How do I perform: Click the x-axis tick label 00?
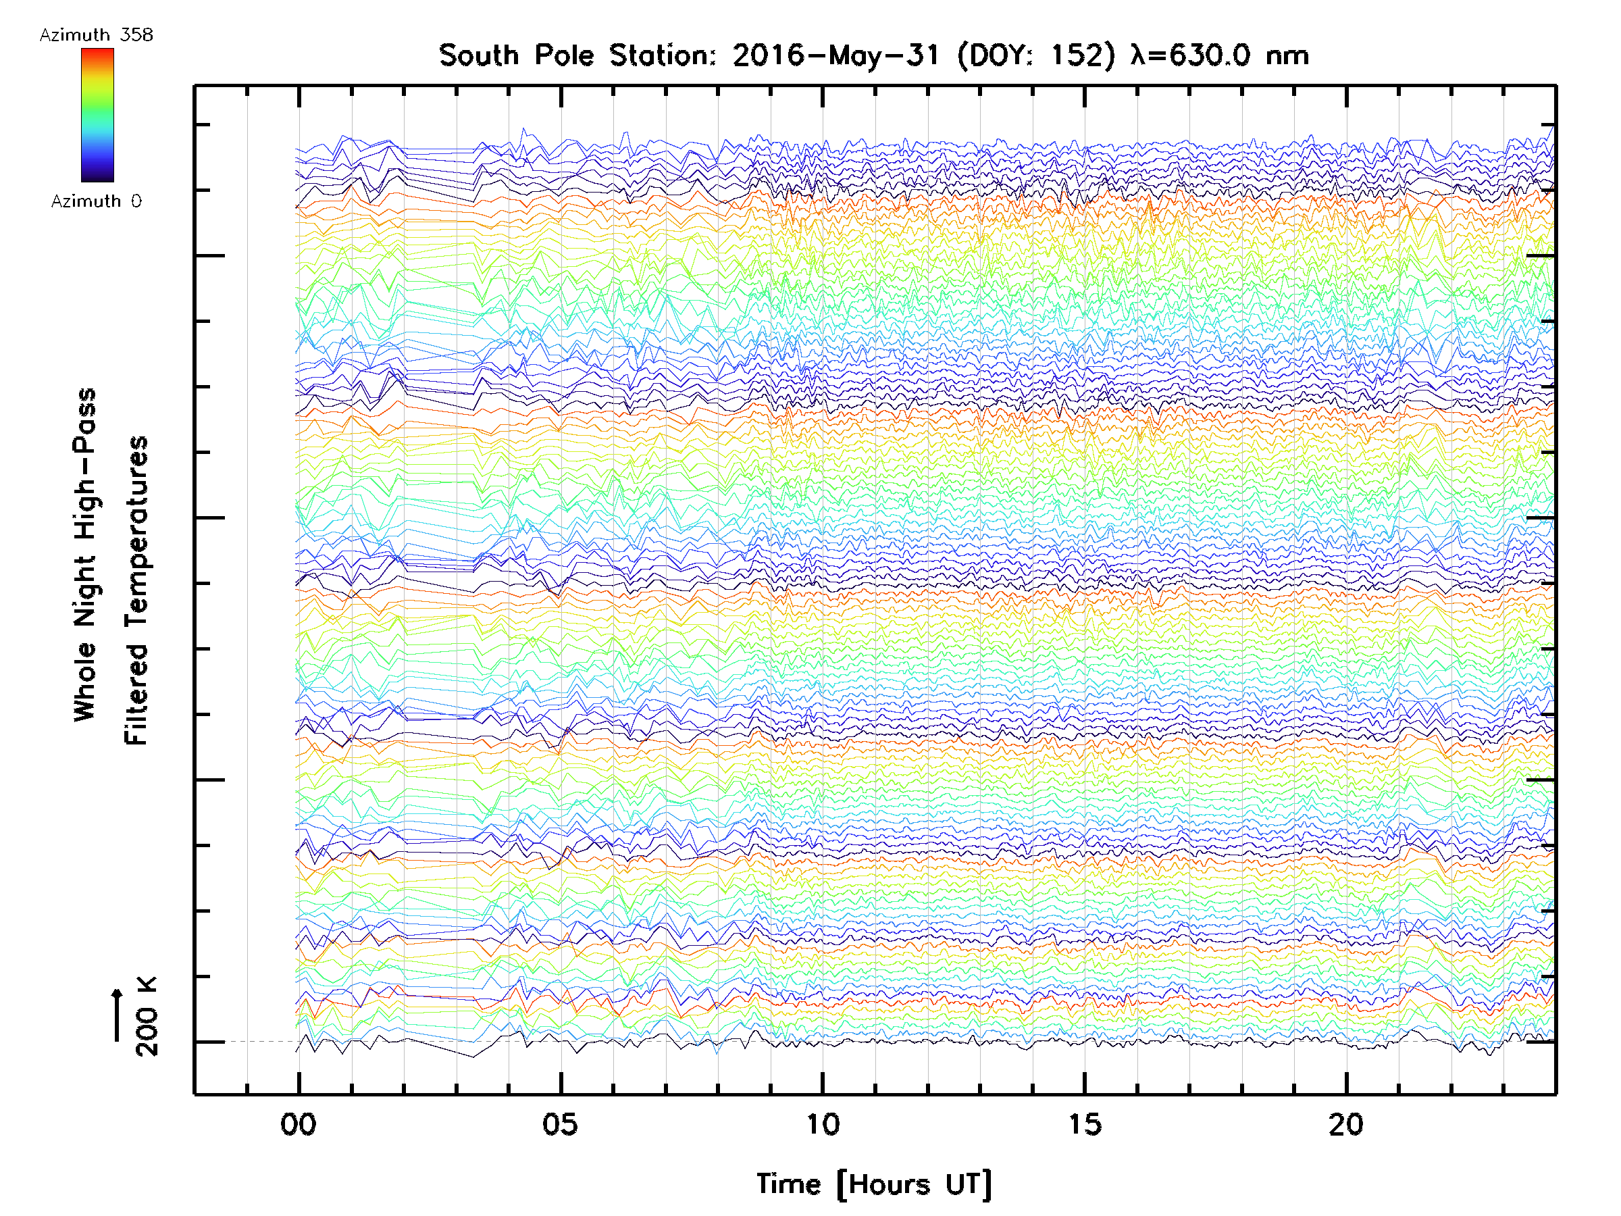(x=298, y=1125)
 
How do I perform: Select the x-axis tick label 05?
(x=560, y=1125)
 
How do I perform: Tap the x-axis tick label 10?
(x=822, y=1125)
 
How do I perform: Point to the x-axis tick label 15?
(x=1084, y=1125)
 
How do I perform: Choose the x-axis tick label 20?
(x=1346, y=1125)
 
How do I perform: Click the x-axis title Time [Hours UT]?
(x=873, y=1184)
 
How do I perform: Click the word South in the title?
(x=478, y=55)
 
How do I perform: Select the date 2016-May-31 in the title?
(x=835, y=55)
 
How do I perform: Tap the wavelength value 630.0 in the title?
(x=1208, y=55)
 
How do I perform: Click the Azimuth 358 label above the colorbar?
(x=96, y=35)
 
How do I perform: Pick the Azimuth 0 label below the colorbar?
(x=96, y=201)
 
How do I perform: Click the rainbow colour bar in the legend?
(x=97, y=115)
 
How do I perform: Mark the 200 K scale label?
(x=147, y=1017)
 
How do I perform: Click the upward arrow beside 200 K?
(x=118, y=1015)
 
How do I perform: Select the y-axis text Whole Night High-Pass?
(x=85, y=555)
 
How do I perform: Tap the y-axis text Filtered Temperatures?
(x=136, y=591)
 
